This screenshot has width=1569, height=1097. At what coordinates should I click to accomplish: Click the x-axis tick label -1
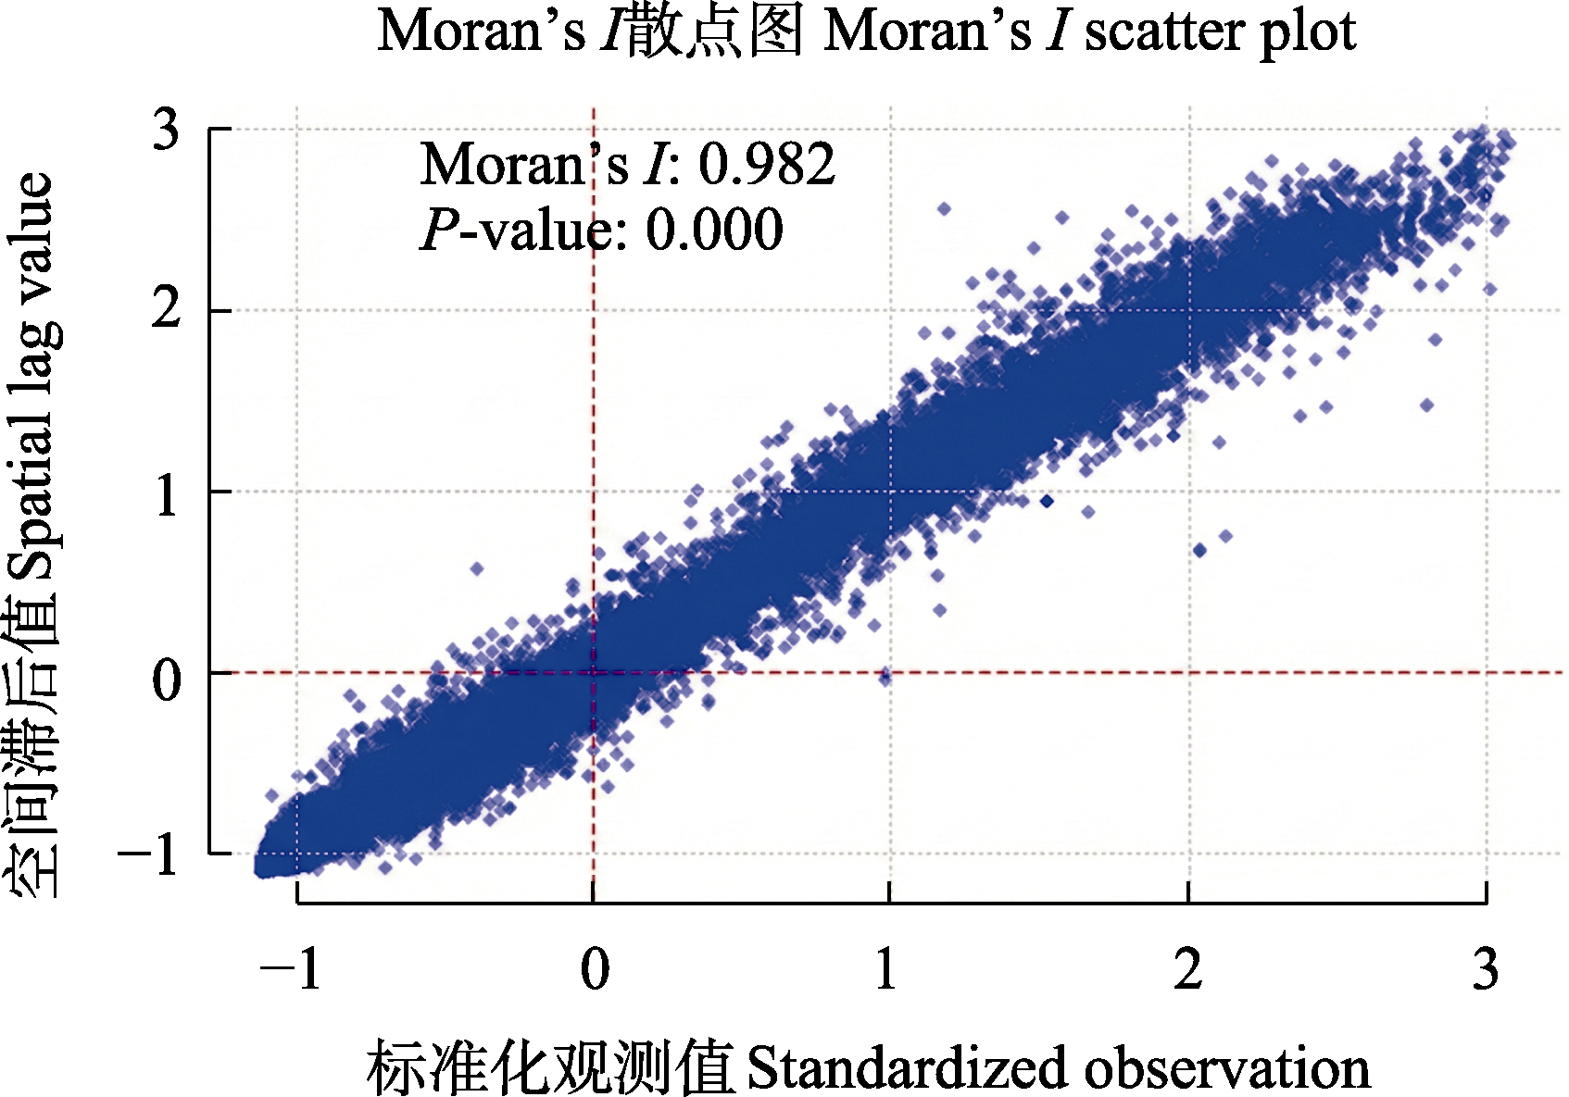click(x=291, y=970)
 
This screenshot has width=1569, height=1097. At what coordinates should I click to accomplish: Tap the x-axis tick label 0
click(x=595, y=970)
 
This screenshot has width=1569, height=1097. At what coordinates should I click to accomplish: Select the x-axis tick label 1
click(x=886, y=970)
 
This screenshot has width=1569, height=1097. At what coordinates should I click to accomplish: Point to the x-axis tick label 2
click(x=1187, y=970)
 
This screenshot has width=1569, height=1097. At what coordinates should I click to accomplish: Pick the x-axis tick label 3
click(x=1486, y=970)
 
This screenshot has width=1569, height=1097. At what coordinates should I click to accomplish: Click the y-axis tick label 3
click(x=166, y=130)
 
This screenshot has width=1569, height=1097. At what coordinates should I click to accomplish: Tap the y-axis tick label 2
click(x=166, y=309)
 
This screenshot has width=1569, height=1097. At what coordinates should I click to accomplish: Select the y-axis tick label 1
click(x=166, y=494)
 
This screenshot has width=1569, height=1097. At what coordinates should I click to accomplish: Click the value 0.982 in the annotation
click(x=766, y=165)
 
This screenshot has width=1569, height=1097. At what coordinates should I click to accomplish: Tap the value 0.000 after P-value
click(x=714, y=230)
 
